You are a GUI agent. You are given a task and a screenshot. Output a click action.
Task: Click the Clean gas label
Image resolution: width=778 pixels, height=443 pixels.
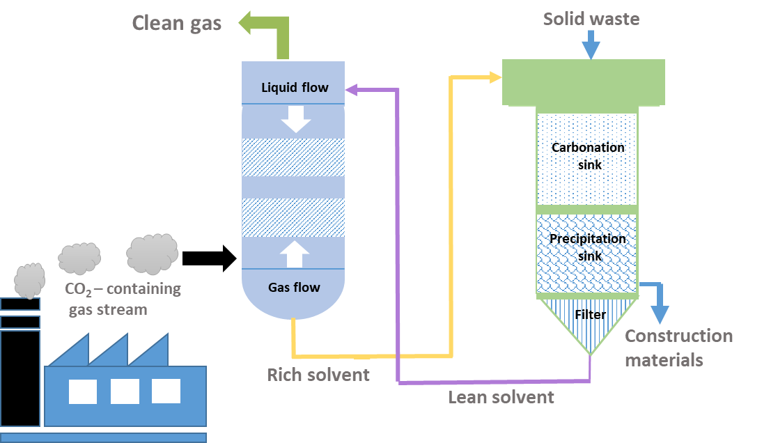click(x=177, y=24)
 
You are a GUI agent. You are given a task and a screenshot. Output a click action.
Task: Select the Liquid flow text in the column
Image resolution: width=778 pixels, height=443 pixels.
click(x=295, y=87)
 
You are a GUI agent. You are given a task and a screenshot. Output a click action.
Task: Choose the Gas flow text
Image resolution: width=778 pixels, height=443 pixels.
click(x=295, y=287)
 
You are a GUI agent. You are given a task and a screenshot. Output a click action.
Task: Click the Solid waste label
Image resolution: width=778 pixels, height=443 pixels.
click(x=591, y=19)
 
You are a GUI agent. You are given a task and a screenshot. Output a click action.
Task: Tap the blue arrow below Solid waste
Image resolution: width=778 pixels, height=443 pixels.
click(x=591, y=46)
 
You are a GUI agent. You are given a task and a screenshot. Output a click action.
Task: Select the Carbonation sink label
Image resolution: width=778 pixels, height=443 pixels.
click(x=588, y=156)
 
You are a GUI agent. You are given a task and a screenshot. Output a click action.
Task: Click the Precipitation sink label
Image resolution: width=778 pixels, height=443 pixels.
click(x=588, y=247)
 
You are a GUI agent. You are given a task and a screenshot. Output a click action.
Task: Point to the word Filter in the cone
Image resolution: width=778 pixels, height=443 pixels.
click(x=591, y=315)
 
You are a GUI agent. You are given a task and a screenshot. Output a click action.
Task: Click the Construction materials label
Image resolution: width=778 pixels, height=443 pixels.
click(x=678, y=348)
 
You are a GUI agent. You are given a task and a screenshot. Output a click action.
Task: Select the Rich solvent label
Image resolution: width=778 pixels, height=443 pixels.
click(x=318, y=375)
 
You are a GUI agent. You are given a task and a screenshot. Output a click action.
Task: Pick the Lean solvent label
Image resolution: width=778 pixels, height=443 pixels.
click(x=501, y=397)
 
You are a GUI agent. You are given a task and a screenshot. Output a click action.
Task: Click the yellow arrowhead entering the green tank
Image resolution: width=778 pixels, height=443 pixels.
click(x=495, y=77)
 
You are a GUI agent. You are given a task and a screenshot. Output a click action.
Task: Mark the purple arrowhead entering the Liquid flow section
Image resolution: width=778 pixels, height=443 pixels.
click(x=352, y=88)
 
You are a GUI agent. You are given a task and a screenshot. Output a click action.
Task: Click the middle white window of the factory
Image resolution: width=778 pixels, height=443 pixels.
click(x=125, y=391)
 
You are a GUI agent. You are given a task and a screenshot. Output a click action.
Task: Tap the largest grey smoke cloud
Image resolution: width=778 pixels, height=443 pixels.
click(x=152, y=253)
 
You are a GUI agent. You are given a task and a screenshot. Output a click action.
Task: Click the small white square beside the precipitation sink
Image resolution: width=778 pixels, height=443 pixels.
click(x=671, y=279)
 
